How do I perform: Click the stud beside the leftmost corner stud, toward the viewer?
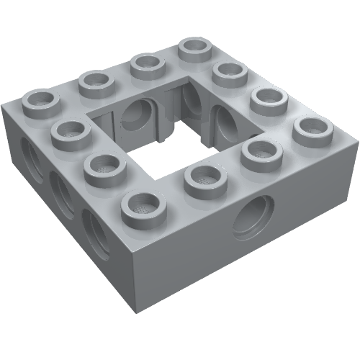click(x=69, y=133)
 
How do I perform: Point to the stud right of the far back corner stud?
click(x=230, y=72)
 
